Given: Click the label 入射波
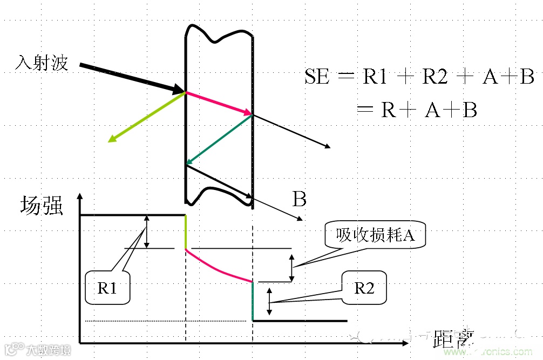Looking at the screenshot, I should [42, 63].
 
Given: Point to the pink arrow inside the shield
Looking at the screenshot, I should [219, 103].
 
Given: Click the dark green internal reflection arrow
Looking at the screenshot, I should [219, 139].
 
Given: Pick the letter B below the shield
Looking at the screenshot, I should [300, 200].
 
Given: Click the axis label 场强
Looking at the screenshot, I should [42, 206].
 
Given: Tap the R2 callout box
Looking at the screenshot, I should [364, 288].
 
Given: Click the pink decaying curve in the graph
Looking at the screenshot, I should [216, 269].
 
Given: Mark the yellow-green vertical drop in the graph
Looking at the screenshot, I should [186, 232].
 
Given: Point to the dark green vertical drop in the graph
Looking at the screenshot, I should [253, 301].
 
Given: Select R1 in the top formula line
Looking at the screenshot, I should [375, 77].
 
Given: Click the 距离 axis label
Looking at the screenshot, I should [453, 339].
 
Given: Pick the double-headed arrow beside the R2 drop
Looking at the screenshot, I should [270, 301].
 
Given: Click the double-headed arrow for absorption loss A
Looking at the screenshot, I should [292, 268].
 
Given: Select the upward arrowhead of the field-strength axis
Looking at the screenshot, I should [80, 197].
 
